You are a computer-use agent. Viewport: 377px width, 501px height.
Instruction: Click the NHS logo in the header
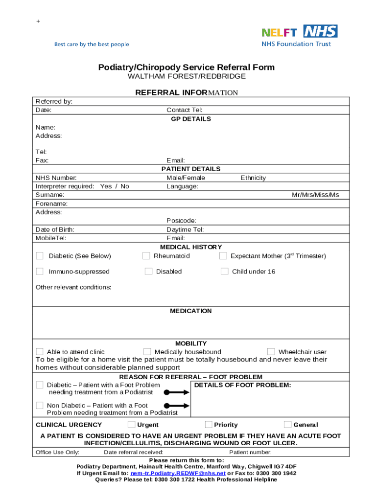pos(320,31)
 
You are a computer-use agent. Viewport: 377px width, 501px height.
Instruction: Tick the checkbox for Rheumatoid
pos(146,256)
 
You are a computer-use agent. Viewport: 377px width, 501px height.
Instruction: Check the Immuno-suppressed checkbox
pos(40,271)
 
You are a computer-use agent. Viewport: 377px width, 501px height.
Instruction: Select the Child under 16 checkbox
pos(224,271)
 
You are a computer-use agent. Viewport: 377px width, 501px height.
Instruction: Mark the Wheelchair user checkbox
pos(271,351)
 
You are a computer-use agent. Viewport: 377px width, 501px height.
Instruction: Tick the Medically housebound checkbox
pos(147,351)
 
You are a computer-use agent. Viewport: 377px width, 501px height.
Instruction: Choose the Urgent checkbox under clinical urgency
pos(131,424)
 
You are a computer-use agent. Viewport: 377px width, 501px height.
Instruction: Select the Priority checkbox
pos(209,424)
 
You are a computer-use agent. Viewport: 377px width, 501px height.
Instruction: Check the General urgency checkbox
pos(287,424)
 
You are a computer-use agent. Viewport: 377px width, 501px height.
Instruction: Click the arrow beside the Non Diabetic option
pos(176,406)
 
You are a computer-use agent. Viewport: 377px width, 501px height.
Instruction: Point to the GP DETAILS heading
pos(191,119)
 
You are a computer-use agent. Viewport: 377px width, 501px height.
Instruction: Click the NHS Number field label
pos(56,178)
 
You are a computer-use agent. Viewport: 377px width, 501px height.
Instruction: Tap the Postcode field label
pos(181,221)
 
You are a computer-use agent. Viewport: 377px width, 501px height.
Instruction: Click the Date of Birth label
pos(55,229)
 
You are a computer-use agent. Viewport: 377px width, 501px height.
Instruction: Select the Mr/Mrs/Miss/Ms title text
pos(315,195)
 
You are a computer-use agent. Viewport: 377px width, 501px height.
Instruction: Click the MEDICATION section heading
pos(191,311)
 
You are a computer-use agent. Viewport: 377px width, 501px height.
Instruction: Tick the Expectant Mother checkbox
pos(223,256)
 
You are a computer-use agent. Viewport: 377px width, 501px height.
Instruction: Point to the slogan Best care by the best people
pos(92,45)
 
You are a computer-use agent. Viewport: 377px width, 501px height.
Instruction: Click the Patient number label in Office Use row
pos(250,452)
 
